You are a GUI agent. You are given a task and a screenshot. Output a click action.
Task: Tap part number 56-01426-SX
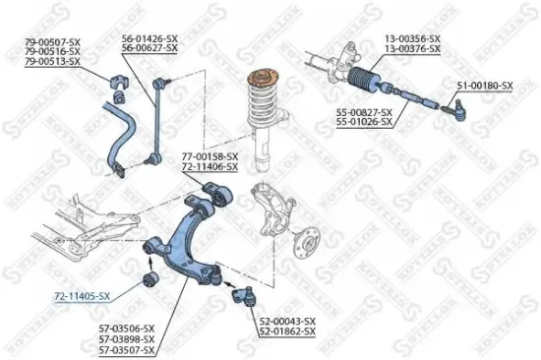[x=150, y=38]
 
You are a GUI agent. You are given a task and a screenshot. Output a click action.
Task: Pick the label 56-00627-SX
[x=150, y=47]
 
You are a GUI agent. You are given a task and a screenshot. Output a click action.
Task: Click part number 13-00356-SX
[x=411, y=38]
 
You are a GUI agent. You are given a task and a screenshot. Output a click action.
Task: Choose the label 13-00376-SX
[x=411, y=47]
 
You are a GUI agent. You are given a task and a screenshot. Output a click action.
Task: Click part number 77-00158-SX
[x=209, y=156]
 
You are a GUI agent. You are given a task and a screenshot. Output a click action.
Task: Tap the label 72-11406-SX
[x=209, y=166]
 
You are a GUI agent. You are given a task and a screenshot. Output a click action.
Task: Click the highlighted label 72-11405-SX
[x=82, y=295]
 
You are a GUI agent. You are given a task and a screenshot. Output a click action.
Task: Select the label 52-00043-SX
[x=287, y=322]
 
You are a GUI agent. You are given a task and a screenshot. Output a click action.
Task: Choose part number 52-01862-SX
[x=287, y=331]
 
